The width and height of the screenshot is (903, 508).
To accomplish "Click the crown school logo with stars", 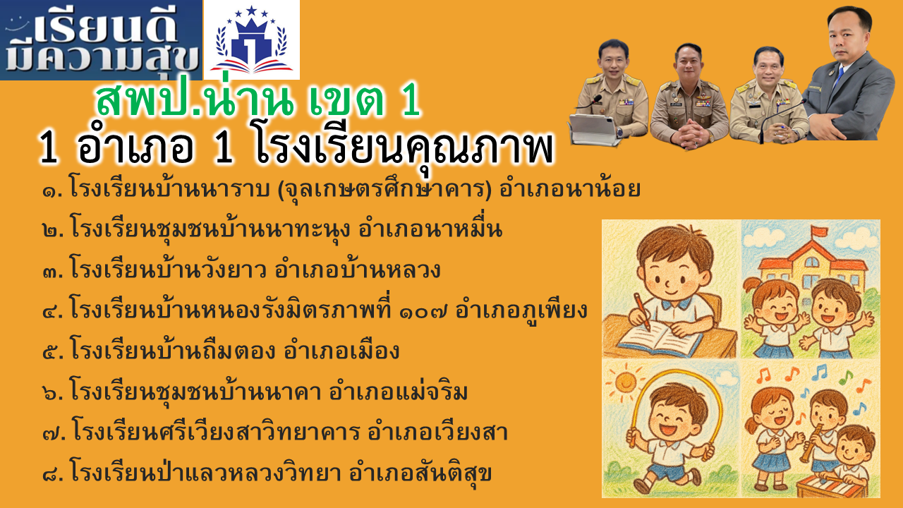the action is (252, 40).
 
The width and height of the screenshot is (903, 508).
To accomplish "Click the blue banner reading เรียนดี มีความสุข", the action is (101, 40).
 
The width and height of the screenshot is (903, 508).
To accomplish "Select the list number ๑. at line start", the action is (52, 190).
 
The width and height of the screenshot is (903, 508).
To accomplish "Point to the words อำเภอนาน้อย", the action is (569, 188).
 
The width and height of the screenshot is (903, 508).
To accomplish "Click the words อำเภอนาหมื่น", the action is (430, 229).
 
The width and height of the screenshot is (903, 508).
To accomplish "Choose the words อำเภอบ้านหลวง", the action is (358, 269).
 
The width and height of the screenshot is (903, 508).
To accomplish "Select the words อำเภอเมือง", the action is (341, 350).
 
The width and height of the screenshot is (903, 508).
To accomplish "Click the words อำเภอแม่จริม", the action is (399, 392).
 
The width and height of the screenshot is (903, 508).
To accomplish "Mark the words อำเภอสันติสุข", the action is (420, 473).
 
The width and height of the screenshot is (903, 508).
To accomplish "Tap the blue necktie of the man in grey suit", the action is (837, 78).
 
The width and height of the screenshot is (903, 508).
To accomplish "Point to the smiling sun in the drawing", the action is (625, 382).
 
